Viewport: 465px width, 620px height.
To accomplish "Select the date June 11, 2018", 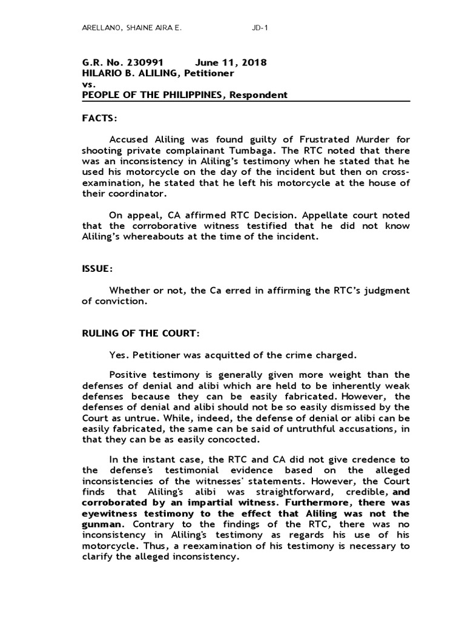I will pos(231,62).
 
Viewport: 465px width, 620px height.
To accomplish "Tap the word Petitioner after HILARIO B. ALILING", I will pos(209,73).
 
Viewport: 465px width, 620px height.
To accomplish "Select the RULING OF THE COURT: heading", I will pos(140,334).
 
